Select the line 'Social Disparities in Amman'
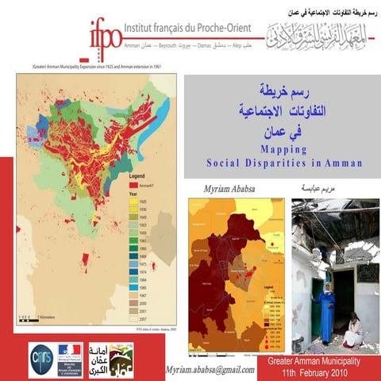(x=283, y=163)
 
